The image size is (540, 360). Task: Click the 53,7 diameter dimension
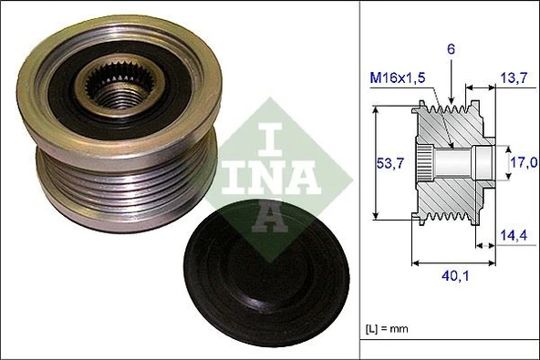click(x=390, y=163)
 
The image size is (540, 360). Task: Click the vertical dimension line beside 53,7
click(x=375, y=164)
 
